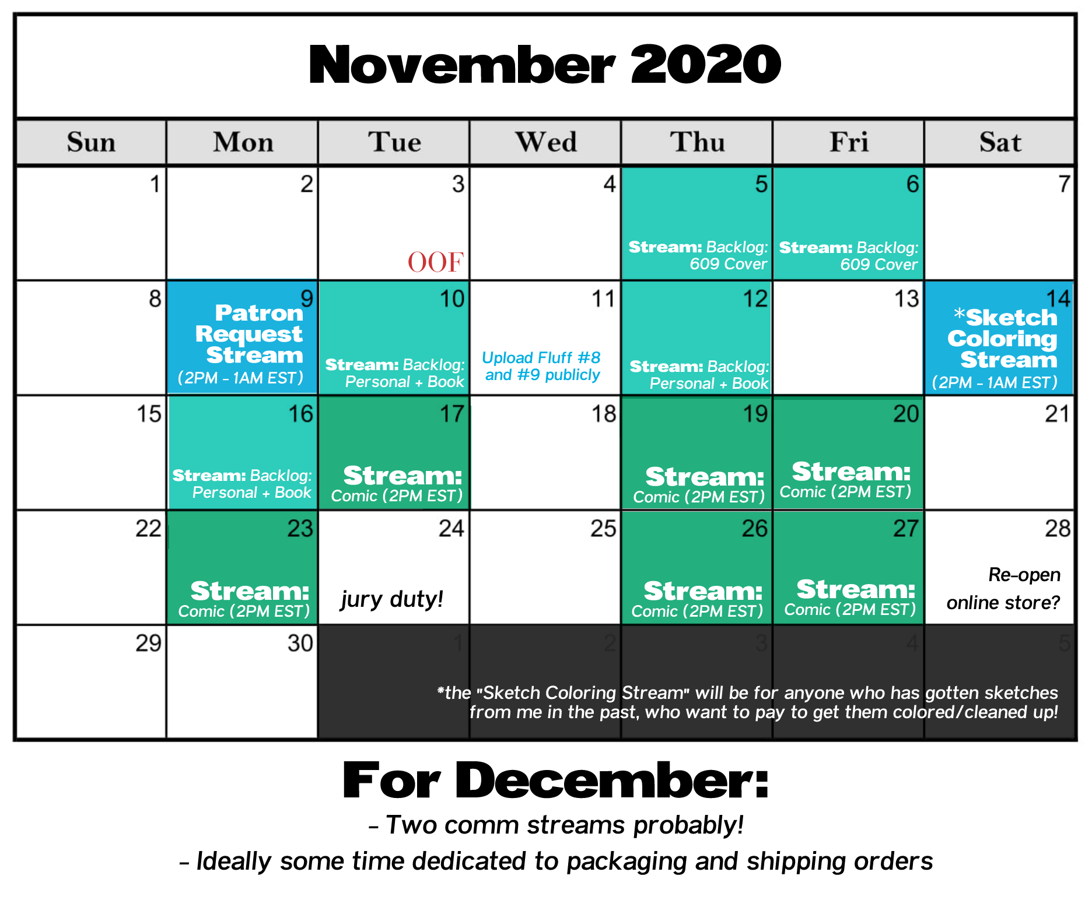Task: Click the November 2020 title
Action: [x=545, y=64]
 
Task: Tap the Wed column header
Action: [x=546, y=142]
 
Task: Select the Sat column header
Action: [x=1000, y=142]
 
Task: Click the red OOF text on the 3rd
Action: [x=436, y=262]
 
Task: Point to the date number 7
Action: [x=1064, y=184]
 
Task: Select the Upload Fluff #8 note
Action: [x=542, y=366]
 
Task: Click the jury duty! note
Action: [x=392, y=599]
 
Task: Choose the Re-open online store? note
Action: [x=1003, y=589]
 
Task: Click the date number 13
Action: [x=907, y=299]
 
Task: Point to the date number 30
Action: [x=300, y=643]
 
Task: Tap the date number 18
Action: [x=604, y=414]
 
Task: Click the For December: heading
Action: [x=556, y=781]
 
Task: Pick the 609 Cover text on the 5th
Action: [x=728, y=264]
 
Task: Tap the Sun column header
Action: [x=91, y=142]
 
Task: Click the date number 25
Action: [x=603, y=529]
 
